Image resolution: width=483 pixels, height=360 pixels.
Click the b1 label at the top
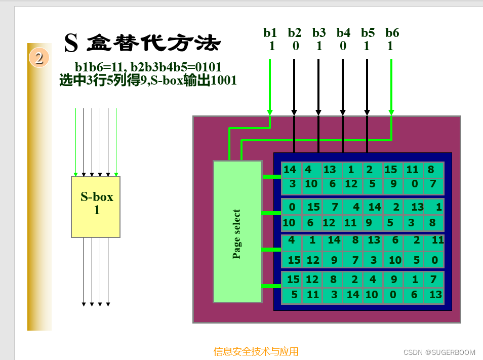tap(270, 33)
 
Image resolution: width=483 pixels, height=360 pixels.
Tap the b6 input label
tap(392, 33)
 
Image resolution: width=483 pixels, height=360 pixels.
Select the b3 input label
tap(319, 33)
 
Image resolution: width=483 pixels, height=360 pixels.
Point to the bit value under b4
tap(343, 47)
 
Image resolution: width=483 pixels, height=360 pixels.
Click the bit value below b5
tap(367, 47)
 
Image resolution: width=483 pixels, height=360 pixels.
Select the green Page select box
tap(237, 231)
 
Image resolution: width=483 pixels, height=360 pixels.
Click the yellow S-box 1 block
tap(96, 207)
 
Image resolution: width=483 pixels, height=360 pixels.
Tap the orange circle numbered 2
tap(39, 57)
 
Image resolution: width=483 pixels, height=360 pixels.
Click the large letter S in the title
tap(71, 44)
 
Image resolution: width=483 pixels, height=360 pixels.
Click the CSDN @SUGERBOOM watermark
tap(439, 352)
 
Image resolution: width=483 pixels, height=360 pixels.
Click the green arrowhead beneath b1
tap(270, 112)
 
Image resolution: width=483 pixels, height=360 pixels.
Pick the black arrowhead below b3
tap(318, 112)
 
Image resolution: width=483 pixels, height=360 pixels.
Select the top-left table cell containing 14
tap(290, 170)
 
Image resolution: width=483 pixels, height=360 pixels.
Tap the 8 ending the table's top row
tap(431, 170)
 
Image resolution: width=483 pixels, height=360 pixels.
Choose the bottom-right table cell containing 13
tap(435, 295)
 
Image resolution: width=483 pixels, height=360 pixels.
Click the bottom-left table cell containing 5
tap(294, 295)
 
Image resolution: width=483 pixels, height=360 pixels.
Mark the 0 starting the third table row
tap(292, 207)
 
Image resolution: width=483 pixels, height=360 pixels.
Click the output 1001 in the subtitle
tap(224, 81)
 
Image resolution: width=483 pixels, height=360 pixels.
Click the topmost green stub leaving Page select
tap(271, 177)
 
